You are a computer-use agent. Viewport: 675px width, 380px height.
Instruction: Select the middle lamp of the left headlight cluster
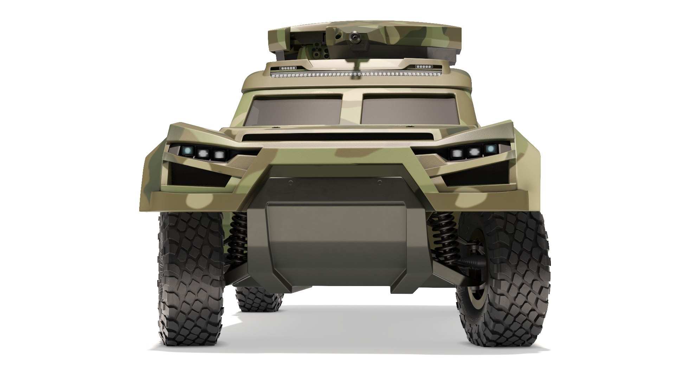(203, 153)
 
